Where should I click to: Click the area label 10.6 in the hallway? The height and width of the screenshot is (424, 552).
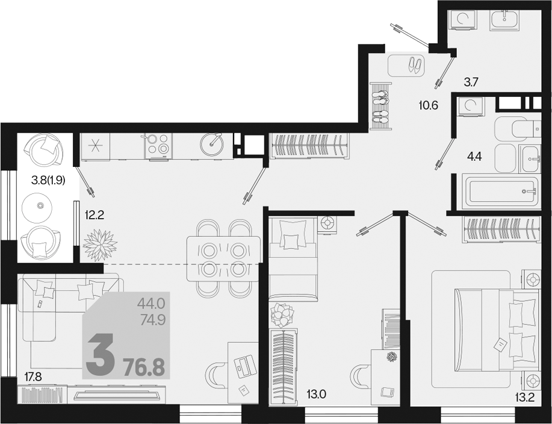(429, 105)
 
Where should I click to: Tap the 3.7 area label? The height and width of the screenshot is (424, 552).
(471, 82)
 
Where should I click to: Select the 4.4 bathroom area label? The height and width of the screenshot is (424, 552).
(474, 157)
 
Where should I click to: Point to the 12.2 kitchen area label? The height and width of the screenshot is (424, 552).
(95, 214)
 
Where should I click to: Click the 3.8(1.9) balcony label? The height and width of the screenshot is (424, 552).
(48, 180)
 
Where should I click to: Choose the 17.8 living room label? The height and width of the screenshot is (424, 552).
(33, 377)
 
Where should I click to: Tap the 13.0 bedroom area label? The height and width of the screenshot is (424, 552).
(316, 394)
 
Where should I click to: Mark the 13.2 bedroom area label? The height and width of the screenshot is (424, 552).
(525, 397)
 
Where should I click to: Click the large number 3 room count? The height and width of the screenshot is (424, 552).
(101, 355)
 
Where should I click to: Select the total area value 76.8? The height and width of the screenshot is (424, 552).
(144, 367)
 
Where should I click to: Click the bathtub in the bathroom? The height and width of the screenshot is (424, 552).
(501, 192)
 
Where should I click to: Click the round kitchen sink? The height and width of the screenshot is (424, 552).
(211, 144)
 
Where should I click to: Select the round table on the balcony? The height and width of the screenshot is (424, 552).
(37, 207)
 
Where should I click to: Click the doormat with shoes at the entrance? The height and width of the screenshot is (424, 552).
(406, 65)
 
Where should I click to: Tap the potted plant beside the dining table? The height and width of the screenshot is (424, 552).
(101, 245)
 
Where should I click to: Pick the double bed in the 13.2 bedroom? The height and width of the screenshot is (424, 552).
(497, 330)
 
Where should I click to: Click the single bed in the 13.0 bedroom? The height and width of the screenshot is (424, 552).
(293, 259)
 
